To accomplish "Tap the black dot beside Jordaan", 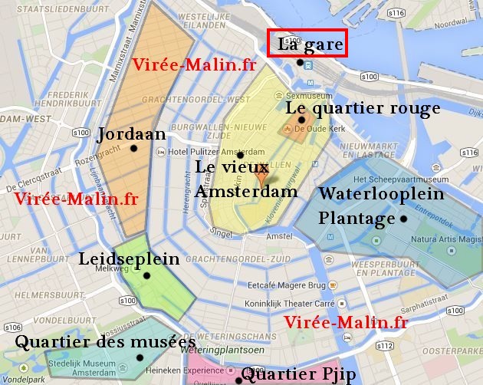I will [x=134, y=148].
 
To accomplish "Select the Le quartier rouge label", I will [x=363, y=108].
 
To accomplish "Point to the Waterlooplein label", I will [x=381, y=194].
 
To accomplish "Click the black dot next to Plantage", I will [x=403, y=219].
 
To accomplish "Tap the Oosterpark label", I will [x=460, y=350].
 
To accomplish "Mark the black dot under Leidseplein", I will [x=146, y=275].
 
